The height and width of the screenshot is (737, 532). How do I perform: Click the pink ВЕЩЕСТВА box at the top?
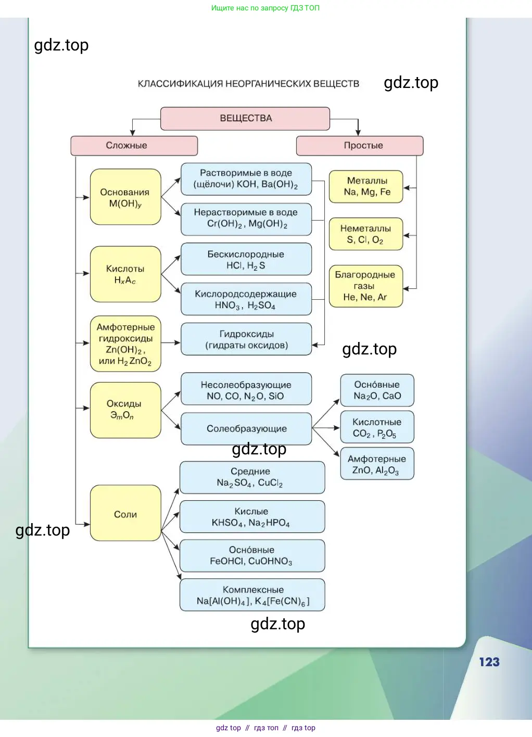[245, 119]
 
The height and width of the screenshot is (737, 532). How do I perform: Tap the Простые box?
[360, 146]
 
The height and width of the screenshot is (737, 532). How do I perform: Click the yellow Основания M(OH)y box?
[125, 197]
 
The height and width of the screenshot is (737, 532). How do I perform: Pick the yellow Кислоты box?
[125, 274]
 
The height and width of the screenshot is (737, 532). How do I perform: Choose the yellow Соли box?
[125, 514]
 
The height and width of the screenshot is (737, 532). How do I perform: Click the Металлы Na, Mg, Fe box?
[366, 186]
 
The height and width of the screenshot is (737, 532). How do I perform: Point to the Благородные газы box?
[365, 286]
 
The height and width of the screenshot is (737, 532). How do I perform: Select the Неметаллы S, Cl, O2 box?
[365, 234]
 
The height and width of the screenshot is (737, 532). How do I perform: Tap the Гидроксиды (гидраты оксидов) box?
[246, 339]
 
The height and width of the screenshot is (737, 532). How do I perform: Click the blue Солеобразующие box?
[246, 429]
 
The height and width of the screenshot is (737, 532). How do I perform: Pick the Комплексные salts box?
[252, 595]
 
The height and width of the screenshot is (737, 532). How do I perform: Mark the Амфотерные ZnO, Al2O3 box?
[377, 464]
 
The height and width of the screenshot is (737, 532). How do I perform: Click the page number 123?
[489, 662]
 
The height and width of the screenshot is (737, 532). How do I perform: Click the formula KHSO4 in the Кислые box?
[227, 523]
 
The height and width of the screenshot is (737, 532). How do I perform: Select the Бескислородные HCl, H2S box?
[246, 260]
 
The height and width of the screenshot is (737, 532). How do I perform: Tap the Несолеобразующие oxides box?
[246, 390]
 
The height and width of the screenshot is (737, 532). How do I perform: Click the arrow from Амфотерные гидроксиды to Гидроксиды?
[171, 343]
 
